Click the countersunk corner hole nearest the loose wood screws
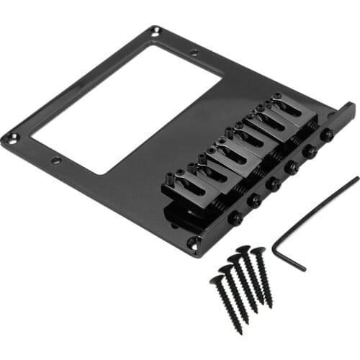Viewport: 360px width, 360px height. (193, 244)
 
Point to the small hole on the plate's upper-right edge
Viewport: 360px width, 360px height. (194, 53)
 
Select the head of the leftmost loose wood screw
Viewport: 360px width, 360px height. (217, 279)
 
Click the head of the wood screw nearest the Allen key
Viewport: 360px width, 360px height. (258, 251)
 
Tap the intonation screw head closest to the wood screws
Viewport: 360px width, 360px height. (234, 217)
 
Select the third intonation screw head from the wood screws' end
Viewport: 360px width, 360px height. (274, 184)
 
